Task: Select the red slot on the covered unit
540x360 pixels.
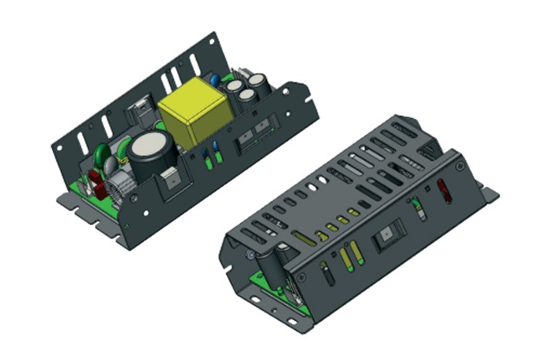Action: point(444,190)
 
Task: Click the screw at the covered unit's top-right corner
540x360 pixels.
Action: point(460,165)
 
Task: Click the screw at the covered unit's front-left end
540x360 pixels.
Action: point(251,255)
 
